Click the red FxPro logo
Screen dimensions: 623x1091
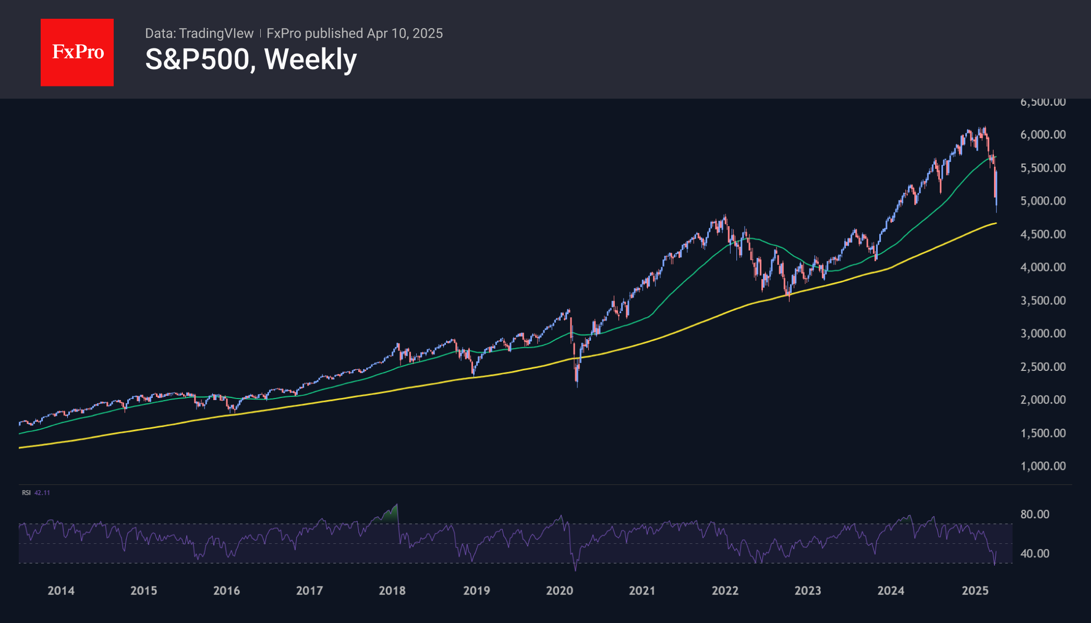77,52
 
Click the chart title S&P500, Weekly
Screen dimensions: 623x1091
251,59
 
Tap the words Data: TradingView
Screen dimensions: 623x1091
199,33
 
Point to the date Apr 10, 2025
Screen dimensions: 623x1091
405,33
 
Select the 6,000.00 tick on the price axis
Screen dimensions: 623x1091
1042,134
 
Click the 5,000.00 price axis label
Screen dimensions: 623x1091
1042,201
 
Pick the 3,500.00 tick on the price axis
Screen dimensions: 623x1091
1042,300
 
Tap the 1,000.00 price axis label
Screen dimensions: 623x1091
1042,466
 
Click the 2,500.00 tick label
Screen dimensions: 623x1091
1042,366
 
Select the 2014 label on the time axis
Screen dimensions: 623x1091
61,590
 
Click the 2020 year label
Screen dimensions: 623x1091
559,590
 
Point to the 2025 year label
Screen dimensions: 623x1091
975,590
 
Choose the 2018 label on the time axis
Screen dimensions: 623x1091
392,590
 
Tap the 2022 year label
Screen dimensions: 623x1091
725,590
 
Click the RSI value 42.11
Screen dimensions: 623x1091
42,493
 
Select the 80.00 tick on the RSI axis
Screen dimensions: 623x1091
1034,514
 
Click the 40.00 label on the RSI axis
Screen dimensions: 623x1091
1034,553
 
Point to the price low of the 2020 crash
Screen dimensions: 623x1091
577,386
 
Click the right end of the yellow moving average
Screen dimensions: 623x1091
996,223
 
